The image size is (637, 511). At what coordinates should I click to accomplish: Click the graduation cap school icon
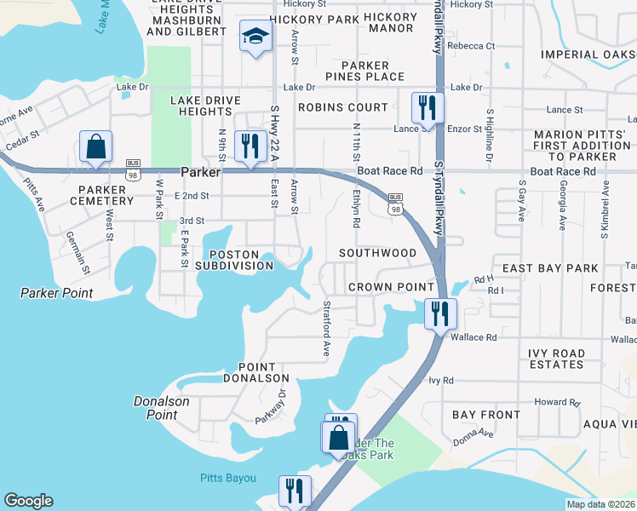[253, 37]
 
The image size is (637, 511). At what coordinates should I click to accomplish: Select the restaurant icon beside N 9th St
[249, 146]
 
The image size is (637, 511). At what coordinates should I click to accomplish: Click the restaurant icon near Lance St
[426, 107]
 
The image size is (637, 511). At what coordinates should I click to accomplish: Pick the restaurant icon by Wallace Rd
[439, 313]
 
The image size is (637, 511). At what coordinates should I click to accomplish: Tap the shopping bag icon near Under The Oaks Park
[338, 438]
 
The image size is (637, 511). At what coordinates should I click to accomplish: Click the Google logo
[28, 501]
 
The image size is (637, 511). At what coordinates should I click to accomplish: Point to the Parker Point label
[57, 294]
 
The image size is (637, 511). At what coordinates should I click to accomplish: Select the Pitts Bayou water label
[228, 478]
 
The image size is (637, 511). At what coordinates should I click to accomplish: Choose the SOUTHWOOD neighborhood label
[377, 253]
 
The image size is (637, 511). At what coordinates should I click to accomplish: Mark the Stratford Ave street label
[325, 328]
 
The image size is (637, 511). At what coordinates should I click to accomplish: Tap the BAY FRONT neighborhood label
[486, 415]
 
